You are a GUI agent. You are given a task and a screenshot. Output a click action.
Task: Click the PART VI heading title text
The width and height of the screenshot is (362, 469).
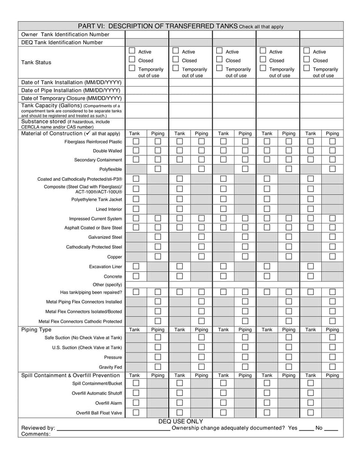pos(157,26)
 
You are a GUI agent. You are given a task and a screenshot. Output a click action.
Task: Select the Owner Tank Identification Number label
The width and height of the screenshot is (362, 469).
pos(65,34)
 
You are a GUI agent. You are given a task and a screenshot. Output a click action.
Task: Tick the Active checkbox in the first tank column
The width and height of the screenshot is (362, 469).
pos(132,51)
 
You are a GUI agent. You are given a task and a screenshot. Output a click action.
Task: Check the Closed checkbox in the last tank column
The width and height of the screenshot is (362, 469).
pos(307,59)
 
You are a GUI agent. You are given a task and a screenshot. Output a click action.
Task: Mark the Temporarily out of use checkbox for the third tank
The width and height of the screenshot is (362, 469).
pos(219,68)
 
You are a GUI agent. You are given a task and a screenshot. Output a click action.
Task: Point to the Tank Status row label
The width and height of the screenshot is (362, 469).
pos(36,63)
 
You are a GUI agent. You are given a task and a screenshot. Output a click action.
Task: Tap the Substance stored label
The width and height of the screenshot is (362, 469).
pos(43,121)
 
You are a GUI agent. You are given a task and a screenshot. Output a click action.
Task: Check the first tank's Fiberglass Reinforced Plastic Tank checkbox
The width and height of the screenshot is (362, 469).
pos(136,142)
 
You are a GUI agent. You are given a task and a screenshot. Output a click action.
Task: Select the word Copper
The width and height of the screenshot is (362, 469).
pos(114,257)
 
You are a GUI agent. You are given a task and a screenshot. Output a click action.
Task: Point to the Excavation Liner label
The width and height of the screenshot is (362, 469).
pos(105,267)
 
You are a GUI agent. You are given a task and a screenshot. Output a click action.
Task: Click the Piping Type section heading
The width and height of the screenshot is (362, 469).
pos(36,330)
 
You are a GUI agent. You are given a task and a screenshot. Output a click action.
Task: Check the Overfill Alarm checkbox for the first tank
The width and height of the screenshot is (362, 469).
pos(136,403)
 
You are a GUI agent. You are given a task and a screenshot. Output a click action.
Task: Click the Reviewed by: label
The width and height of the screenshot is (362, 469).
pos(38,428)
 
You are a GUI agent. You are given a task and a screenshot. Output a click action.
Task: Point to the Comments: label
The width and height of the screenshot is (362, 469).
pos(36,434)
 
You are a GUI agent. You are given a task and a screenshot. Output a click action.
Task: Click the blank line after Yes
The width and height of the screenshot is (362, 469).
pos(306,428)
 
